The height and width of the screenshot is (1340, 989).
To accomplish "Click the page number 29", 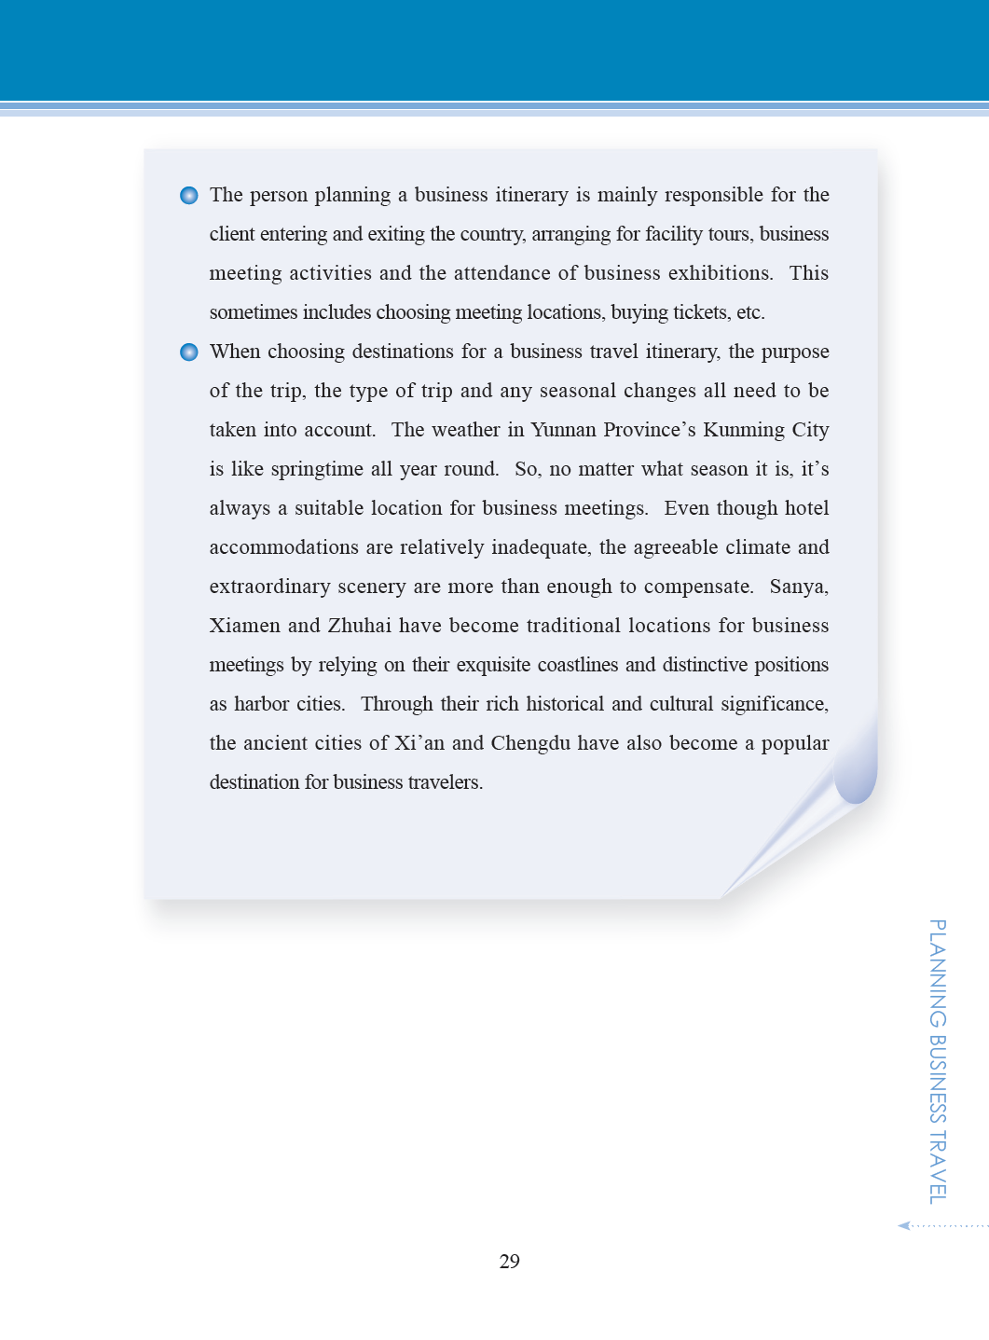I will point(509,1262).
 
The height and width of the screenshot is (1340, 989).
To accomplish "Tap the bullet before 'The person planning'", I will point(189,195).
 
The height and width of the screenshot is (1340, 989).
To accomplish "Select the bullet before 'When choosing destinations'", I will point(189,352).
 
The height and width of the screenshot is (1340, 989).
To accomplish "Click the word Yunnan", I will point(563,430).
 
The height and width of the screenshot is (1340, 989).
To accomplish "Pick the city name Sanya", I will point(798,587).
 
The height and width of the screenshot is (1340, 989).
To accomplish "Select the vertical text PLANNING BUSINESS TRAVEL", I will point(938,1061).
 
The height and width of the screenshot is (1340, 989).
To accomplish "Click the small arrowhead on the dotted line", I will point(903,1225).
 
